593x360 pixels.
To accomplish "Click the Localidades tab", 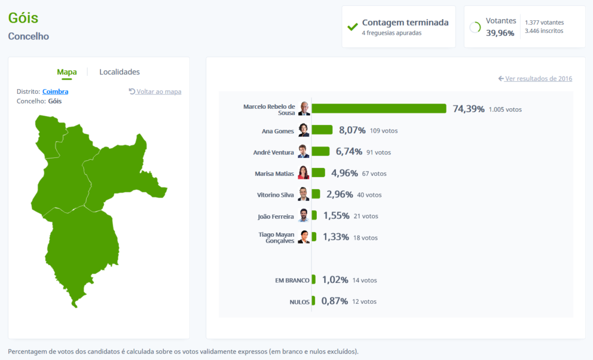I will pyautogui.click(x=119, y=72).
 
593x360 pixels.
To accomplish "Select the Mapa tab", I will pyautogui.click(x=67, y=72).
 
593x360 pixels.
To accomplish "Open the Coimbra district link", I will pyautogui.click(x=55, y=91).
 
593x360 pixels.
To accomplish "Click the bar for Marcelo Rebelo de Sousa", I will pyautogui.click(x=379, y=109).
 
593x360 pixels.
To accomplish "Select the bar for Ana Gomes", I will pyautogui.click(x=322, y=130).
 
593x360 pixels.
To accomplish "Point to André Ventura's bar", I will pyautogui.click(x=320, y=152).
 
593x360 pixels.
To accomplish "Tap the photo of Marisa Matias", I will pyautogui.click(x=304, y=172).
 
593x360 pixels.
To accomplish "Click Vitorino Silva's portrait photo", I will pyautogui.click(x=304, y=194).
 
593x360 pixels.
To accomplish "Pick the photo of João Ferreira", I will pyautogui.click(x=304, y=215).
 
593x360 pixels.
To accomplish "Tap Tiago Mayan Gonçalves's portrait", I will pyautogui.click(x=304, y=237).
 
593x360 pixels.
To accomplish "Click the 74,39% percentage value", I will pyautogui.click(x=468, y=109).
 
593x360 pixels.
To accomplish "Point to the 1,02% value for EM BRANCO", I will pyautogui.click(x=335, y=280).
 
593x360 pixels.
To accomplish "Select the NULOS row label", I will pyautogui.click(x=299, y=302).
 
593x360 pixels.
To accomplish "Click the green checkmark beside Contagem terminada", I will pyautogui.click(x=352, y=27).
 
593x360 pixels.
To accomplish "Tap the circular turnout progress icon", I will pyautogui.click(x=475, y=27).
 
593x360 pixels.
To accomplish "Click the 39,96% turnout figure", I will pyautogui.click(x=500, y=33).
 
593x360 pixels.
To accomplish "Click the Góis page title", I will pyautogui.click(x=23, y=17).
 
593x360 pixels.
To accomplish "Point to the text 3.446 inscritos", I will pyautogui.click(x=544, y=31).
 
